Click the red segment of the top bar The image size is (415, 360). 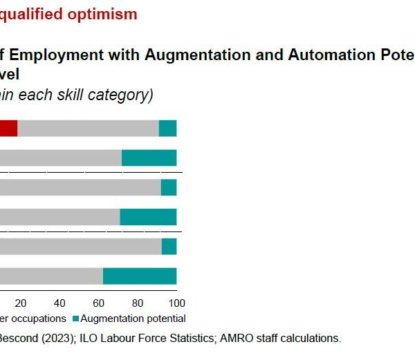coord(8,129)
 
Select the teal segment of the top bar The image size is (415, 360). coord(168,129)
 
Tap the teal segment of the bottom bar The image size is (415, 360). coord(140,276)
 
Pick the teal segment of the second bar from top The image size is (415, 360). coord(149,158)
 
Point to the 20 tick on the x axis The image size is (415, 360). coord(21,303)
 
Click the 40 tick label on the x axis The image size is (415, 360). coord(59,303)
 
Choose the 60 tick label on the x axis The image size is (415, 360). coord(99,303)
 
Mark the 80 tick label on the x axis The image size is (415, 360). coord(138,303)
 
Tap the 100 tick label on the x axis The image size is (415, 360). coord(177,303)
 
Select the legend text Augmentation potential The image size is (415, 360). coord(133,319)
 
